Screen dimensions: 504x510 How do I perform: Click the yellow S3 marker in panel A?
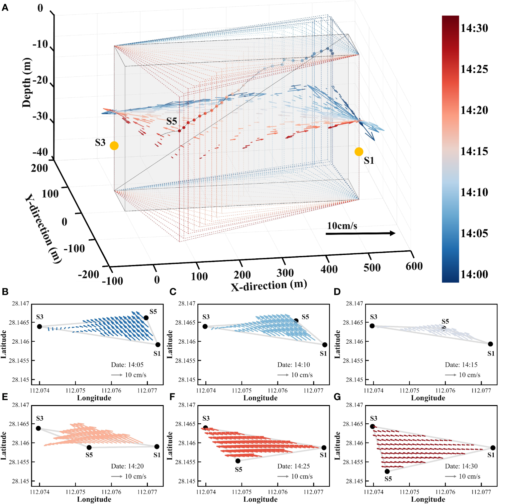[114, 146]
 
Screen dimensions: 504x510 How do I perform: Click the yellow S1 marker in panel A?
[359, 152]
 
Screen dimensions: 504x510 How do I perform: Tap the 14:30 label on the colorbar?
[474, 28]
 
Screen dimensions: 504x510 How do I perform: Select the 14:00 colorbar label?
[474, 275]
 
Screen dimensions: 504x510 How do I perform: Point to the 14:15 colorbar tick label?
[474, 151]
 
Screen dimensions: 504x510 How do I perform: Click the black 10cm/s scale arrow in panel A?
[360, 233]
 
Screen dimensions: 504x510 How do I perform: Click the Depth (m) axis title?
[27, 83]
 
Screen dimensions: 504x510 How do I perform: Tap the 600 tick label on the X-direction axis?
[414, 266]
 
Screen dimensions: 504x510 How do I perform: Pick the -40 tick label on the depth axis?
[41, 152]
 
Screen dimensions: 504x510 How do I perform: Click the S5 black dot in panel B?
[146, 318]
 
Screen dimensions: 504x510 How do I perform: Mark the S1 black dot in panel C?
[325, 345]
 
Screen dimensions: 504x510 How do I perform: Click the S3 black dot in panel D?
[372, 326]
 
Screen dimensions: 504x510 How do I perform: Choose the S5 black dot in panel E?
[89, 447]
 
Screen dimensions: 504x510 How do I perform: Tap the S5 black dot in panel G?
[387, 471]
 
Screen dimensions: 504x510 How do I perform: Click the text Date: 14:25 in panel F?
[294, 466]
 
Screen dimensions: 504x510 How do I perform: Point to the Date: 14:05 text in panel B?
[127, 365]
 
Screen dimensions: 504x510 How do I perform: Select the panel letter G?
[337, 397]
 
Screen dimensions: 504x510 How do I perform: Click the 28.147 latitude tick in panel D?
[354, 303]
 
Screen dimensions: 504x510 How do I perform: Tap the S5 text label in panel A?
[171, 121]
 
